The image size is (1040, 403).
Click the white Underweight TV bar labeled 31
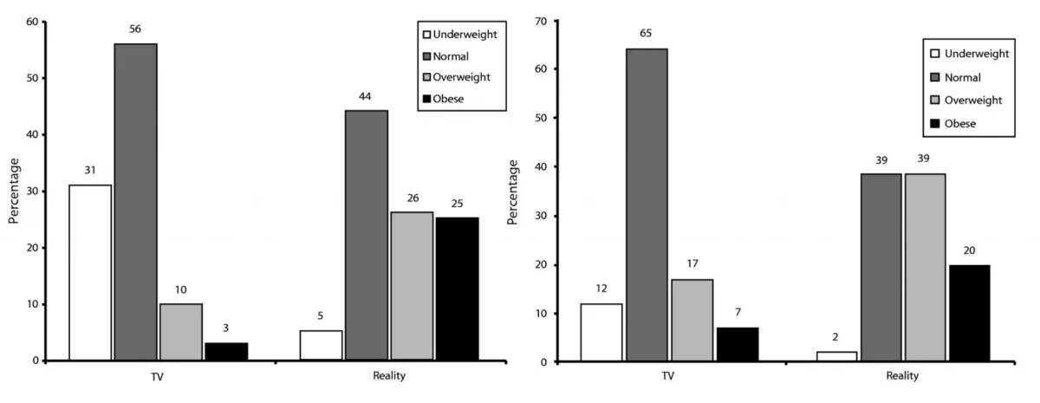90,272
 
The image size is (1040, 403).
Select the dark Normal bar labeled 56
136,202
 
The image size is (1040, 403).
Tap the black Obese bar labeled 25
457,289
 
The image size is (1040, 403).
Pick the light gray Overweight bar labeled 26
412,286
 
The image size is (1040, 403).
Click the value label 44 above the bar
365,96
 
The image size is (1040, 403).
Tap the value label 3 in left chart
226,328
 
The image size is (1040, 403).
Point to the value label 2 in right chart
835,337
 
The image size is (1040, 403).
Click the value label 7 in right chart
738,313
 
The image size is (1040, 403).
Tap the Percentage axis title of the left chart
14,191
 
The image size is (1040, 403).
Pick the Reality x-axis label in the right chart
902,376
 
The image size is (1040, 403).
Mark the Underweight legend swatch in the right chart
935,54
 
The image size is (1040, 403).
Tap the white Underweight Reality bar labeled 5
321,345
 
